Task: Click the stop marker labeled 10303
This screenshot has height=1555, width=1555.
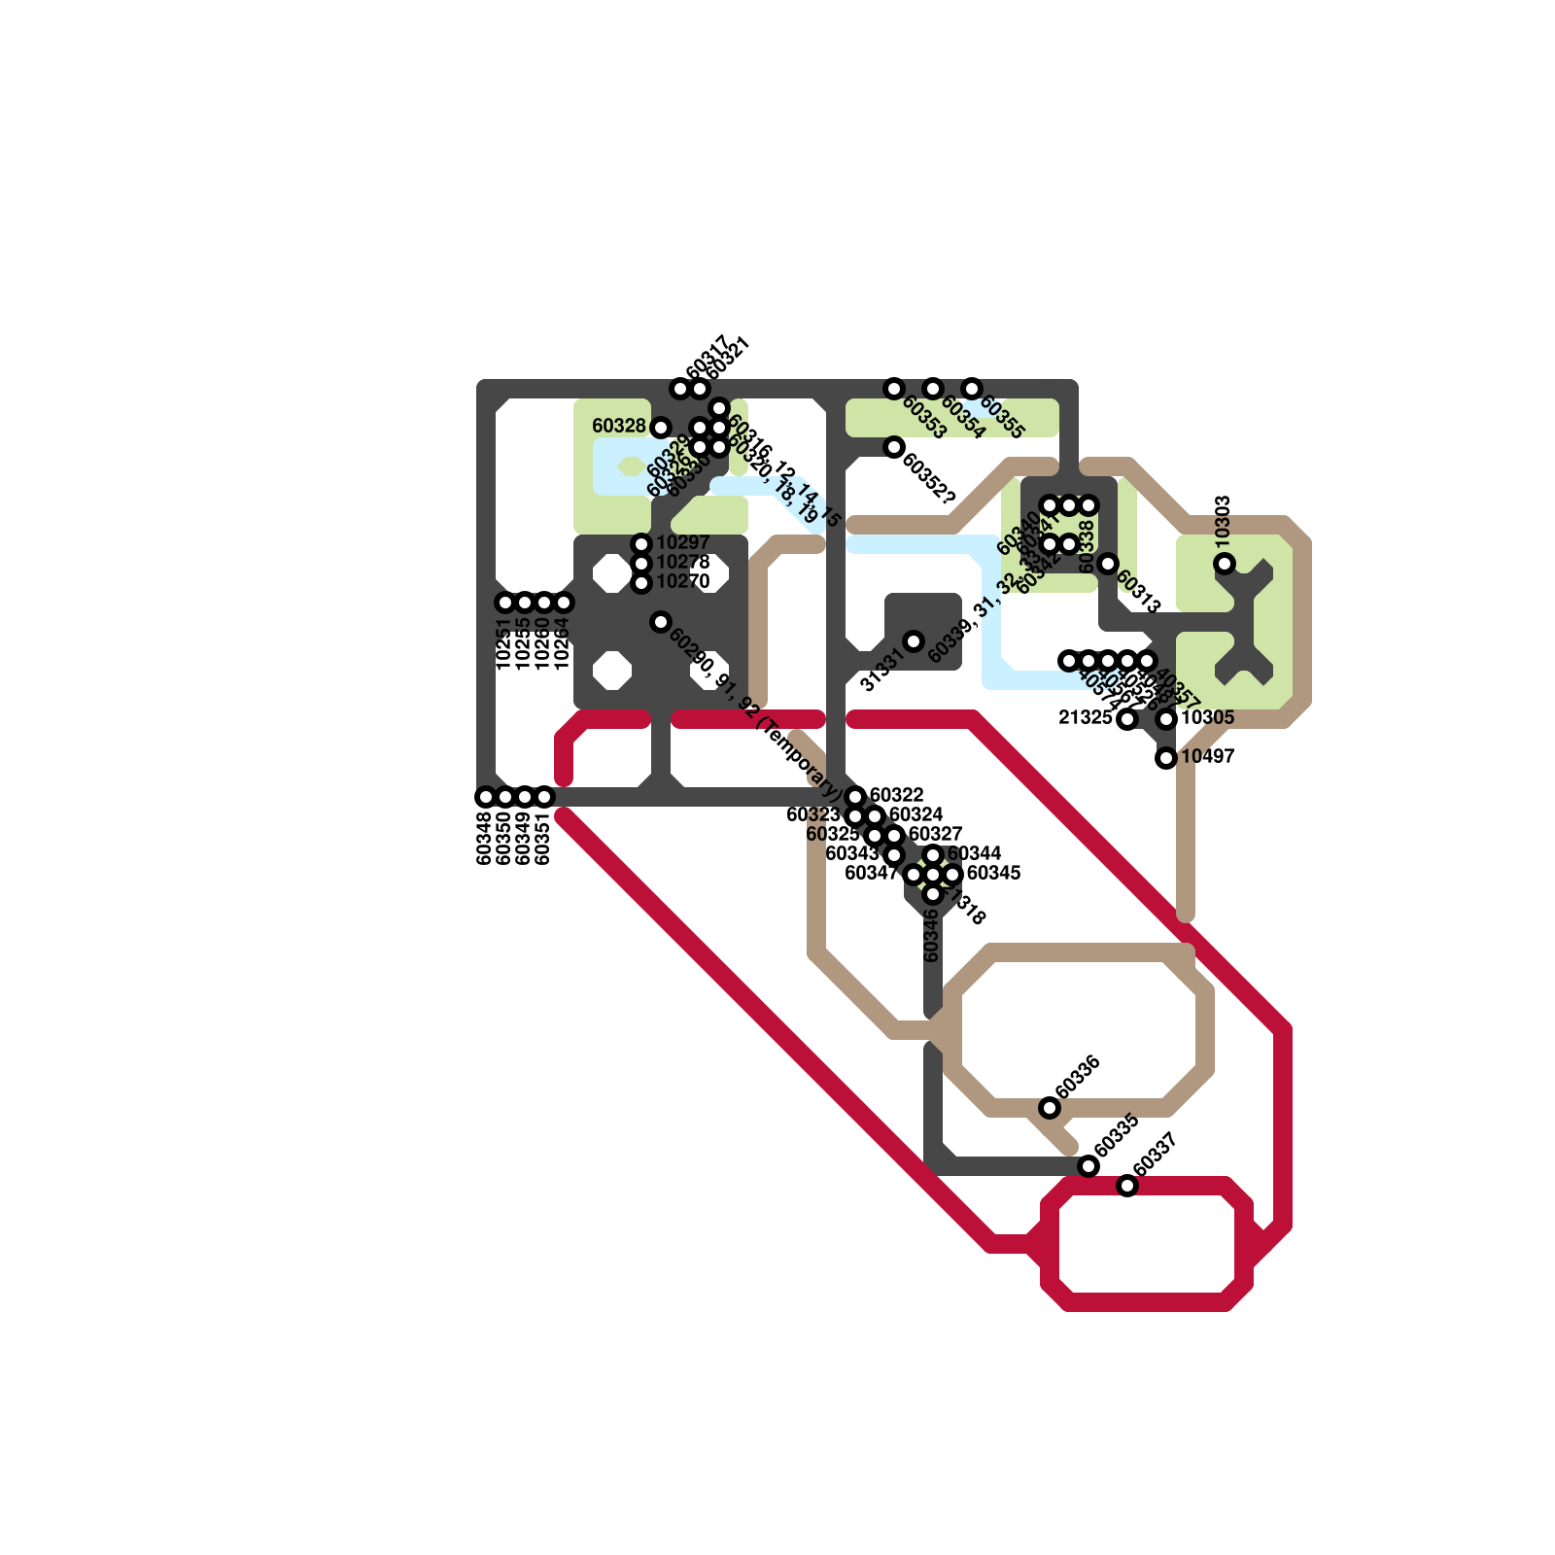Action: [1225, 564]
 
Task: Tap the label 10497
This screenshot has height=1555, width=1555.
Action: [1207, 756]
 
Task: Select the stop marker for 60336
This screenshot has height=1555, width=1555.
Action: [1050, 1108]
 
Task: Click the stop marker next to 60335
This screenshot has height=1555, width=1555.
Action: [1088, 1166]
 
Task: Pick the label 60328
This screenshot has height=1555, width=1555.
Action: [619, 426]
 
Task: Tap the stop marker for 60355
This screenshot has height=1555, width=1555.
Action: [972, 389]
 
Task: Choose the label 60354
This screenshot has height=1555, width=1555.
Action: [963, 418]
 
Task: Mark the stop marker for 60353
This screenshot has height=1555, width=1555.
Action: [894, 389]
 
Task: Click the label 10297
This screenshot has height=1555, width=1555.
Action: [683, 542]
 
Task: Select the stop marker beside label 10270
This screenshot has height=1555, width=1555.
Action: [641, 583]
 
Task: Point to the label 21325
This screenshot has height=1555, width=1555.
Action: [1085, 717]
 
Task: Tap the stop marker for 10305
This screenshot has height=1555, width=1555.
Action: [1166, 719]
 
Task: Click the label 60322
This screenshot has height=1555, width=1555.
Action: [896, 795]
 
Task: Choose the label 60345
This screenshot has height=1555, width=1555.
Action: [993, 873]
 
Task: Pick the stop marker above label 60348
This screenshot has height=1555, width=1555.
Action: [486, 797]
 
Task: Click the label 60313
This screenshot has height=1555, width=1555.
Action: [1138, 591]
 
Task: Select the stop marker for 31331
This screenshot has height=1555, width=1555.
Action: [914, 641]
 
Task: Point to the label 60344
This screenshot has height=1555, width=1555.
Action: [974, 853]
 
